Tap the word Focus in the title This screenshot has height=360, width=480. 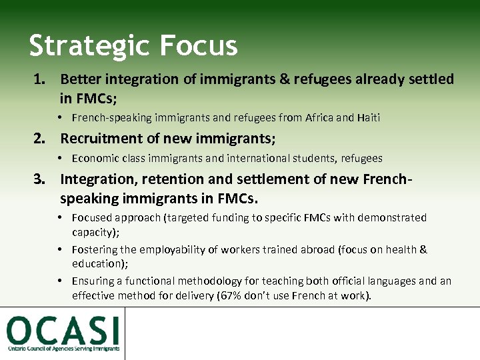click(199, 45)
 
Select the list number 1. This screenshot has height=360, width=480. click(40, 79)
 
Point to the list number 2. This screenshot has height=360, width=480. click(40, 139)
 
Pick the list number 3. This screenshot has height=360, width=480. click(40, 179)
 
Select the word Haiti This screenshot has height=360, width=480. click(367, 118)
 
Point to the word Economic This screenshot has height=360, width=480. click(95, 159)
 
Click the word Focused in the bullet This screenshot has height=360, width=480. click(92, 218)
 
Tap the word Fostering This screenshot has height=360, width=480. click(95, 250)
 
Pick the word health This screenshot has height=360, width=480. click(397, 250)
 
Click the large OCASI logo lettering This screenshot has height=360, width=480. click(63, 331)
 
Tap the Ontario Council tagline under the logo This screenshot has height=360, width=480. click(63, 349)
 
